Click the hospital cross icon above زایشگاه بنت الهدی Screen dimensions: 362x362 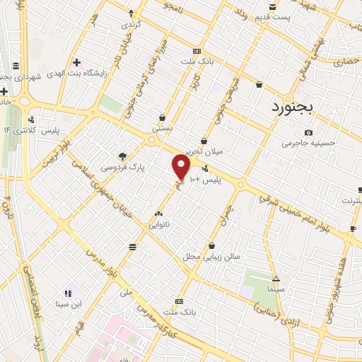(76, 63)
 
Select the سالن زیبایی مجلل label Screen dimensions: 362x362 (212, 255)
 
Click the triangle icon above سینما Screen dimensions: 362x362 (275, 279)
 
